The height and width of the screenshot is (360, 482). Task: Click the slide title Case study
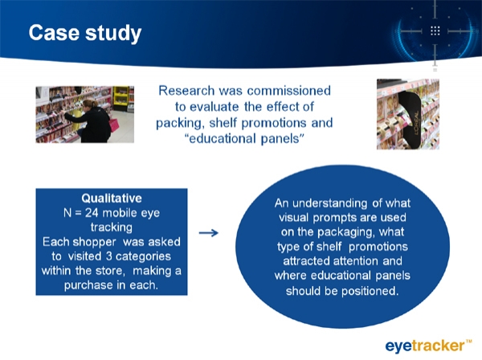pyautogui.click(x=85, y=33)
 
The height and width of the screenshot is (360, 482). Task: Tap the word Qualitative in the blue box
pyautogui.click(x=112, y=198)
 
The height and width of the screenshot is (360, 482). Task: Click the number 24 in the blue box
pyautogui.click(x=92, y=213)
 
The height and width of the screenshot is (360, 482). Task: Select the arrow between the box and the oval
pyautogui.click(x=209, y=233)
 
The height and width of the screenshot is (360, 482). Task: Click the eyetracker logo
pyautogui.click(x=428, y=346)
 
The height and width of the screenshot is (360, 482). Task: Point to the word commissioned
pyautogui.click(x=288, y=91)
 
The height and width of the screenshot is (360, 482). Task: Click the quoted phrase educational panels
pyautogui.click(x=244, y=139)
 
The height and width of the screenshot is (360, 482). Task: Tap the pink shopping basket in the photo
pyautogui.click(x=113, y=125)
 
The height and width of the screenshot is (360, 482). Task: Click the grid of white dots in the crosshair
pyautogui.click(x=435, y=31)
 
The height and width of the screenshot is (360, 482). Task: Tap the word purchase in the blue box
pyautogui.click(x=89, y=285)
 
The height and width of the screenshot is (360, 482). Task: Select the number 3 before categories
pyautogui.click(x=108, y=256)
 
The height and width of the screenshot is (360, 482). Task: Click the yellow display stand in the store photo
pyautogui.click(x=120, y=98)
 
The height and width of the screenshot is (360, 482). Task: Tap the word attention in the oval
pyautogui.click(x=356, y=261)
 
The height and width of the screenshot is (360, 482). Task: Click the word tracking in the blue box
pyautogui.click(x=112, y=227)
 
